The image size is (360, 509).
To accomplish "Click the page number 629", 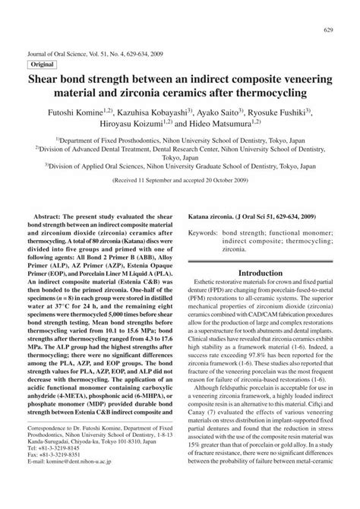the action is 330,30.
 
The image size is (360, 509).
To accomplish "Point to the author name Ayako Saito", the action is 220,115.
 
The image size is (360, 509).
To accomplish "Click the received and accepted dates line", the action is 180,182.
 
